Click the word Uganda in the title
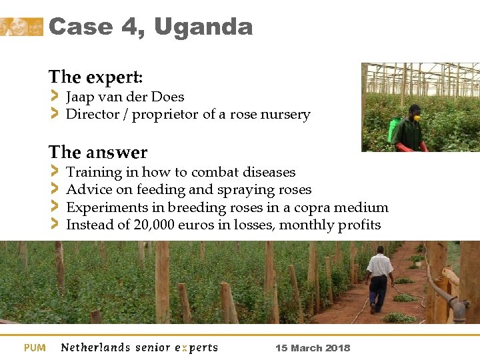(x=203, y=27)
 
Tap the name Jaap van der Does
(x=125, y=97)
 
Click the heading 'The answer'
(x=98, y=152)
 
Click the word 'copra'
(x=311, y=207)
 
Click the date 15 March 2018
(x=312, y=348)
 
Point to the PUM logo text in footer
(x=35, y=347)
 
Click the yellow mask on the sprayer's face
(x=417, y=117)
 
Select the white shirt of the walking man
(x=380, y=265)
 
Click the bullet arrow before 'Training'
(x=55, y=172)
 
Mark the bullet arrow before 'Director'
(x=55, y=114)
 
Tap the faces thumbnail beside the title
(x=21, y=27)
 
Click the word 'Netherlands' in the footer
(x=96, y=347)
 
